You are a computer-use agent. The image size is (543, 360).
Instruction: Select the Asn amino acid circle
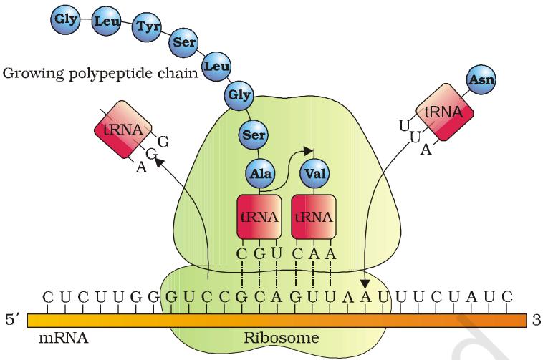point(481,80)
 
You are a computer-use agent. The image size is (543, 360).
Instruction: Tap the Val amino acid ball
point(314,173)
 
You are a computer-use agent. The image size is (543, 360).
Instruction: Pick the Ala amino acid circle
point(260,173)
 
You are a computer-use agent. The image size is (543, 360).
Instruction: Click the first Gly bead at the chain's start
point(65,19)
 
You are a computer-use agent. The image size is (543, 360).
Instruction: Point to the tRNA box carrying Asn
point(444,112)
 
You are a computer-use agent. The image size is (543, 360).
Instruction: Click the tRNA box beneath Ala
point(259,217)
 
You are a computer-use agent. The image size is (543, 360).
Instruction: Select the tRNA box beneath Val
point(314,217)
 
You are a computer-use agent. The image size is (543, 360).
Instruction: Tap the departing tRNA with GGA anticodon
point(123,130)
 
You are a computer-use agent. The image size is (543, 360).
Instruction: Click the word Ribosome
point(282,338)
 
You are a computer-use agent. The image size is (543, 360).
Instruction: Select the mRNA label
point(63,338)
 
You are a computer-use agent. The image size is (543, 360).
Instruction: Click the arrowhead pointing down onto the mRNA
point(365,284)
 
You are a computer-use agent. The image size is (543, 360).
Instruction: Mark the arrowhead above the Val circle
point(309,151)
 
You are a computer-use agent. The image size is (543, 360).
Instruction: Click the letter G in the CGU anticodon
point(259,255)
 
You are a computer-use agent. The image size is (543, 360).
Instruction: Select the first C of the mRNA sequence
point(48,297)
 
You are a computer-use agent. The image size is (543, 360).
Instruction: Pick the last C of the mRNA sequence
point(506,297)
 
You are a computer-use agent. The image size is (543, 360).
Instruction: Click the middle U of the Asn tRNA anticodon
point(415,137)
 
